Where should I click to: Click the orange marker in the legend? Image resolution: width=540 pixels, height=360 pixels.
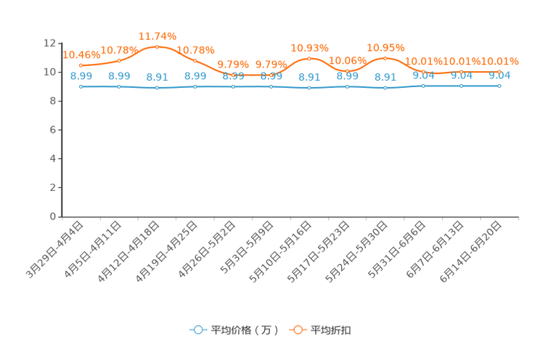[x=298, y=330]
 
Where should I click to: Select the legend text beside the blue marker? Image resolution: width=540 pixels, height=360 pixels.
[x=245, y=330]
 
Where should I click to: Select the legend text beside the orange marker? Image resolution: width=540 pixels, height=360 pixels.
[x=331, y=330]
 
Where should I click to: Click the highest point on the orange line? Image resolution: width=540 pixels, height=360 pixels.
[x=157, y=46]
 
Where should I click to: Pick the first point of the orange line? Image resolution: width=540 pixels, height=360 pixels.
[x=81, y=65]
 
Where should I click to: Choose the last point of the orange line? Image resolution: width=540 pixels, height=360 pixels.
[x=499, y=71]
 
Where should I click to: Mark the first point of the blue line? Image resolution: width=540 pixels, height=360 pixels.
[x=81, y=86]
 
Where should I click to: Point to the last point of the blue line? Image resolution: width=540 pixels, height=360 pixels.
[x=499, y=86]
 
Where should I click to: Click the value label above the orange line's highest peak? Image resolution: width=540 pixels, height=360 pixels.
[x=157, y=36]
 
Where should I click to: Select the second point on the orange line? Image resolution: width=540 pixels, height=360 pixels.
[x=119, y=60]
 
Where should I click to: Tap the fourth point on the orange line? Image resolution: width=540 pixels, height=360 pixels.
[x=195, y=60]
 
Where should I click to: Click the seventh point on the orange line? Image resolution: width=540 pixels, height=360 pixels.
[x=309, y=58]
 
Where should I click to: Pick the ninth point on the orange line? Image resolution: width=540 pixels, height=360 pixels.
[x=385, y=57]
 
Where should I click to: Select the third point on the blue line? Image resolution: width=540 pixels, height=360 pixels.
[x=157, y=88]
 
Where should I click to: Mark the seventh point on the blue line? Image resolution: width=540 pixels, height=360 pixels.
[x=309, y=88]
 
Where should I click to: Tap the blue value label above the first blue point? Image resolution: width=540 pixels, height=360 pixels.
[x=81, y=75]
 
